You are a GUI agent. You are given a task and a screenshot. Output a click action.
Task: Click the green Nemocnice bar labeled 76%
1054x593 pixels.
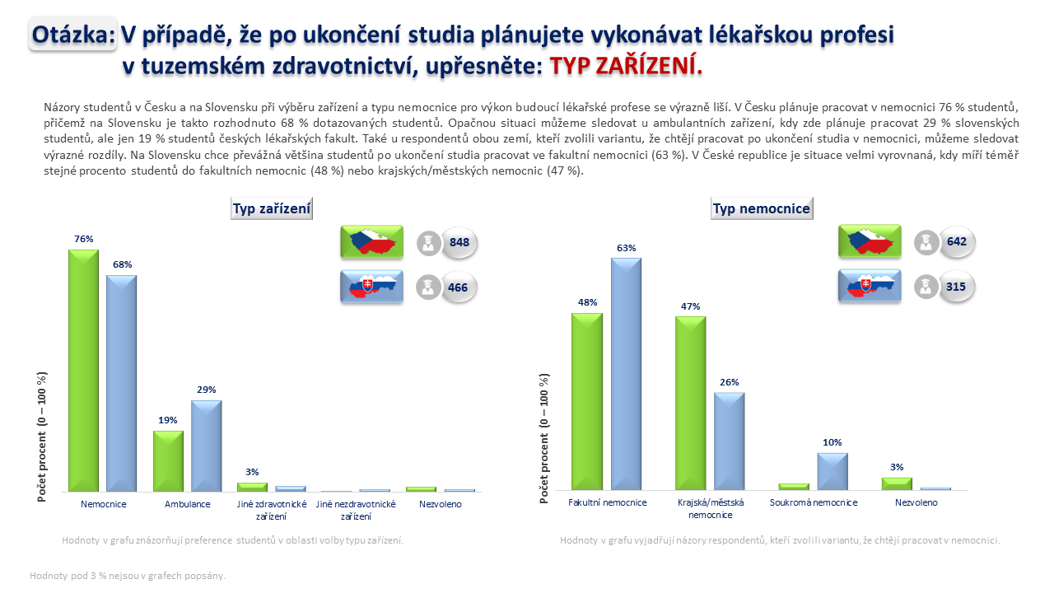pos(84,371)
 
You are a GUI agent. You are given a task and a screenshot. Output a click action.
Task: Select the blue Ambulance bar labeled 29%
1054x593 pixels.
pos(206,446)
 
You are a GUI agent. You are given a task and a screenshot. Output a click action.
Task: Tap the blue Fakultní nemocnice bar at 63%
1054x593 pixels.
pos(627,374)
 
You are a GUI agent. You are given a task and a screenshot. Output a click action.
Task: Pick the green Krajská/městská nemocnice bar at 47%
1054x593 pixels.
pos(690,403)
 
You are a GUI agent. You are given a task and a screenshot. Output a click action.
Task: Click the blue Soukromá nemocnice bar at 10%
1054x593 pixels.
pos(832,472)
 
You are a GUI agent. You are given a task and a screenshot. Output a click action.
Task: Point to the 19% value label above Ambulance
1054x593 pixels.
pos(168,420)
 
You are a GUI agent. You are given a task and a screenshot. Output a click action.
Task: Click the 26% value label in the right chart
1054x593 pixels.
pos(730,382)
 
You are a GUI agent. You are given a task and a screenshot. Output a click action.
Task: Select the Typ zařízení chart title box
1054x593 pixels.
pos(272,208)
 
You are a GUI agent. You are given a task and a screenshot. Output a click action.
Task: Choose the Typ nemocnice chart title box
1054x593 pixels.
pos(762,208)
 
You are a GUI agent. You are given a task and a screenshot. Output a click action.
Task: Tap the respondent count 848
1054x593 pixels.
pos(459,242)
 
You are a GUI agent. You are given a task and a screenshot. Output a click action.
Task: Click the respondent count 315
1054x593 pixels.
pos(956,287)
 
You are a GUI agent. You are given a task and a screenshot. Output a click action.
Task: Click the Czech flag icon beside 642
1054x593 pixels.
pos(870,241)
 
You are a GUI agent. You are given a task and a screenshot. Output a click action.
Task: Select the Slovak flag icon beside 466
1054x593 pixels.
pos(371,286)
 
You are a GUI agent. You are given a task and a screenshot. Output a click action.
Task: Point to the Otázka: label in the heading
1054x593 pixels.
pos(72,35)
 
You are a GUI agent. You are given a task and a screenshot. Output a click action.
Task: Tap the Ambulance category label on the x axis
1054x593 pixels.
pos(187,504)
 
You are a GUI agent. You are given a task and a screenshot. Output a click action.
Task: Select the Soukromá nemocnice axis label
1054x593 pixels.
pos(814,502)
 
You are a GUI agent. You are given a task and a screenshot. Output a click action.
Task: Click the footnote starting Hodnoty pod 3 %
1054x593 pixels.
pos(128,576)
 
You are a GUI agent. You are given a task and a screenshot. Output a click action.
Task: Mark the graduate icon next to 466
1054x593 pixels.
pos(428,287)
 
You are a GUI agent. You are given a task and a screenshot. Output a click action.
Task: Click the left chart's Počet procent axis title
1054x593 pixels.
pos(42,437)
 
